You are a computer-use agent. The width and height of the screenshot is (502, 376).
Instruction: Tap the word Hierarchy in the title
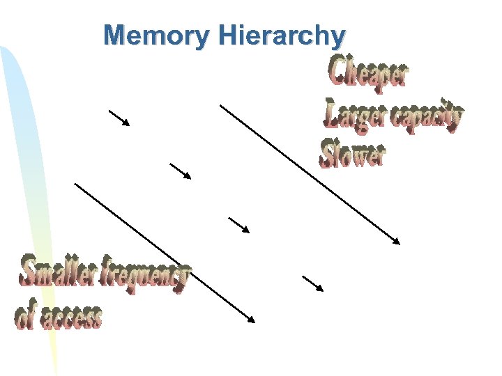point(281,36)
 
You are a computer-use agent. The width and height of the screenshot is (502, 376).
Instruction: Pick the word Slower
point(352,154)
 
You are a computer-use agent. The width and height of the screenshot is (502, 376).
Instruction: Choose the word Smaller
point(61,272)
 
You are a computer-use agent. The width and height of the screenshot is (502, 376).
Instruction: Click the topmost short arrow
point(119,118)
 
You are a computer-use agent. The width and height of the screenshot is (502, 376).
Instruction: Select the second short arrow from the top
point(180,171)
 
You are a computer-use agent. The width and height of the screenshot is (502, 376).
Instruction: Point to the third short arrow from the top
point(239,224)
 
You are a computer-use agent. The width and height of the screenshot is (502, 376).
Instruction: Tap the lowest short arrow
point(313,283)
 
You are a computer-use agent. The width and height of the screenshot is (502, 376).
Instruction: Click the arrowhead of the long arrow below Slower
point(397,241)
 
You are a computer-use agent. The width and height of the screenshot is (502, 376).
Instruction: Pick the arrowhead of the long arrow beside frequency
point(252,320)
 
